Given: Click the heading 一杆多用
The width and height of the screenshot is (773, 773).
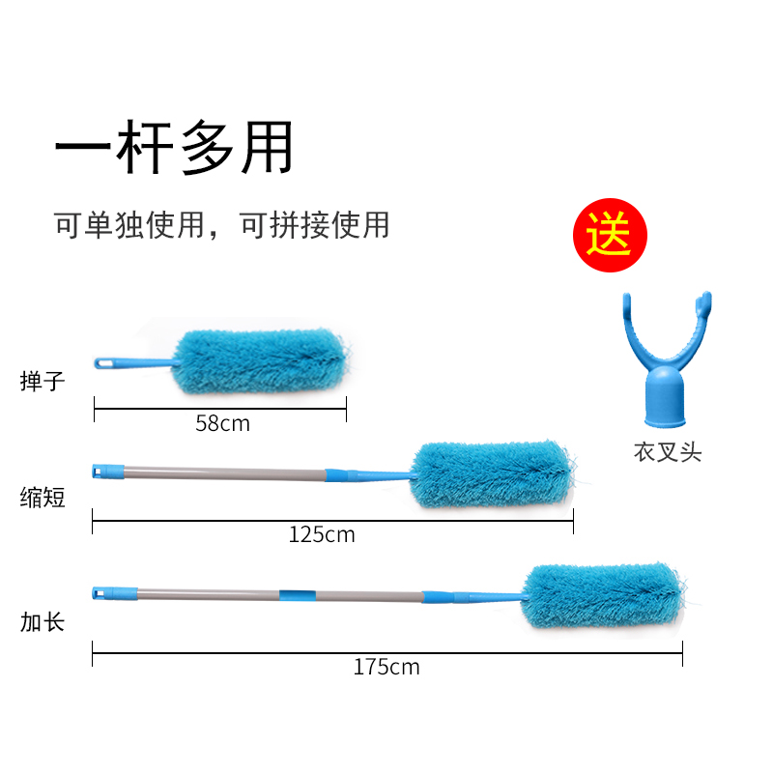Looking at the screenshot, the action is tap(174, 148).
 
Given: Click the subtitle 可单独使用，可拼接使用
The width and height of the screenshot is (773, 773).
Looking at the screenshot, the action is tap(222, 225).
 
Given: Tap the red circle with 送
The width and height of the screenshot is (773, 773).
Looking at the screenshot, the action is tap(610, 235).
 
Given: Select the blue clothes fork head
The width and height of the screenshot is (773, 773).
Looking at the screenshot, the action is tap(666, 358).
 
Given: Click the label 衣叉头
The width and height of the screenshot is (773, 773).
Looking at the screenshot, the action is tap(668, 452).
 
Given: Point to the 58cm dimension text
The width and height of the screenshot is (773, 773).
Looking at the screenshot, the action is tap(223, 423).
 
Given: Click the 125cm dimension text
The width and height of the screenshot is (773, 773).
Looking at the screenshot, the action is tap(322, 535).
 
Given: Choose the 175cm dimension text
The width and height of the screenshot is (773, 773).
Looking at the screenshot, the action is tap(386, 668).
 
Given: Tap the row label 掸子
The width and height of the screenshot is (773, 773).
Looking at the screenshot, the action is tap(43, 381).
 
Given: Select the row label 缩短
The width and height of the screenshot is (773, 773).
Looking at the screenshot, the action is tap(43, 497).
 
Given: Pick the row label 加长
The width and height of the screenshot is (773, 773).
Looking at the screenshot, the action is tap(43, 622).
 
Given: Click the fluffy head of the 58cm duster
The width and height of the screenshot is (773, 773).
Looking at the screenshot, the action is tap(261, 361).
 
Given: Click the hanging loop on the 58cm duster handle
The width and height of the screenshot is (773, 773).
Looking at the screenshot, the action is tap(104, 364).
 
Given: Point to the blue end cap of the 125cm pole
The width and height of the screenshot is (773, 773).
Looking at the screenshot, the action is tap(108, 472).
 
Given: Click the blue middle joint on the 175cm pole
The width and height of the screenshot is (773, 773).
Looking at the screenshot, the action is tap(298, 595).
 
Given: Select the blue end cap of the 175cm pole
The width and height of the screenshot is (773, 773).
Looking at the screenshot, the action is tap(115, 593).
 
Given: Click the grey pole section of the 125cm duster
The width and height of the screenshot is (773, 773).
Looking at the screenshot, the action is tap(224, 474).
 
